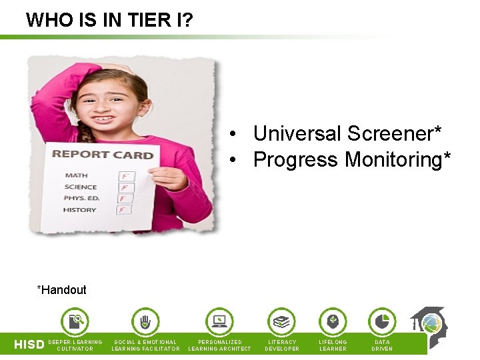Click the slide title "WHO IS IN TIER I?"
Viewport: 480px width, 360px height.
(110, 19)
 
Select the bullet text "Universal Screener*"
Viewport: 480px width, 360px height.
(347, 134)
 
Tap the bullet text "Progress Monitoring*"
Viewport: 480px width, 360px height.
(352, 160)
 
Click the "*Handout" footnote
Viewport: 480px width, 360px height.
(62, 290)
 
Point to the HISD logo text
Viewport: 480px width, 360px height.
(29, 345)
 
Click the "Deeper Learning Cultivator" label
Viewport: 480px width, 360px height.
(75, 345)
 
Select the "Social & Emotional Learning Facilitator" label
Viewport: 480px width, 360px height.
(145, 345)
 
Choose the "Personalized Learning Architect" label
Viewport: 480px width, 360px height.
(220, 345)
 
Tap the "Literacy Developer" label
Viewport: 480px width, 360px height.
(282, 345)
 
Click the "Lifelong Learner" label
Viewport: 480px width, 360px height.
(333, 345)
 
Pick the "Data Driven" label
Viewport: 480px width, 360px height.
(382, 345)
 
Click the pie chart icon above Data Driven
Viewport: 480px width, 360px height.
(382, 321)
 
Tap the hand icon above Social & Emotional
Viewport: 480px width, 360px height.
(145, 321)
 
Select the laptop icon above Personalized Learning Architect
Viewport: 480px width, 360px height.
(219, 321)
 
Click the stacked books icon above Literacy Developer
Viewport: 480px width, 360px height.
(282, 321)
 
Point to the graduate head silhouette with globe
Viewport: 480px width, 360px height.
(428, 327)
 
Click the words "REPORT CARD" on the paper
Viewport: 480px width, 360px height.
(103, 155)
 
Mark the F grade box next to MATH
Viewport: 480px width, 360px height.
(125, 176)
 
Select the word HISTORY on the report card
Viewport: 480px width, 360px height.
(79, 210)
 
